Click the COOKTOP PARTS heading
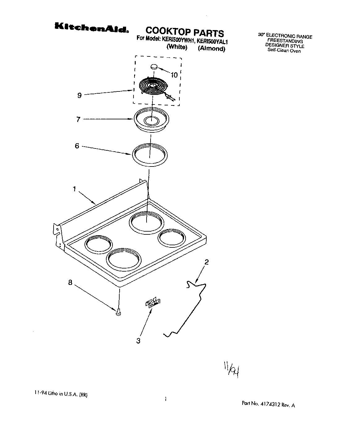coord(184,32)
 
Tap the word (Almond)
coord(211,49)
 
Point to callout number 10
coord(174,75)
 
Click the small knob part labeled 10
coord(154,67)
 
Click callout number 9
coord(79,95)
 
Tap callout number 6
coord(77,146)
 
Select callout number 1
coord(74,189)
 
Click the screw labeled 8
coord(118,313)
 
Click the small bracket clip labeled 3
coord(153,303)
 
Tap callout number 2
coord(206,262)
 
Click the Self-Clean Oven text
coord(284,51)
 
